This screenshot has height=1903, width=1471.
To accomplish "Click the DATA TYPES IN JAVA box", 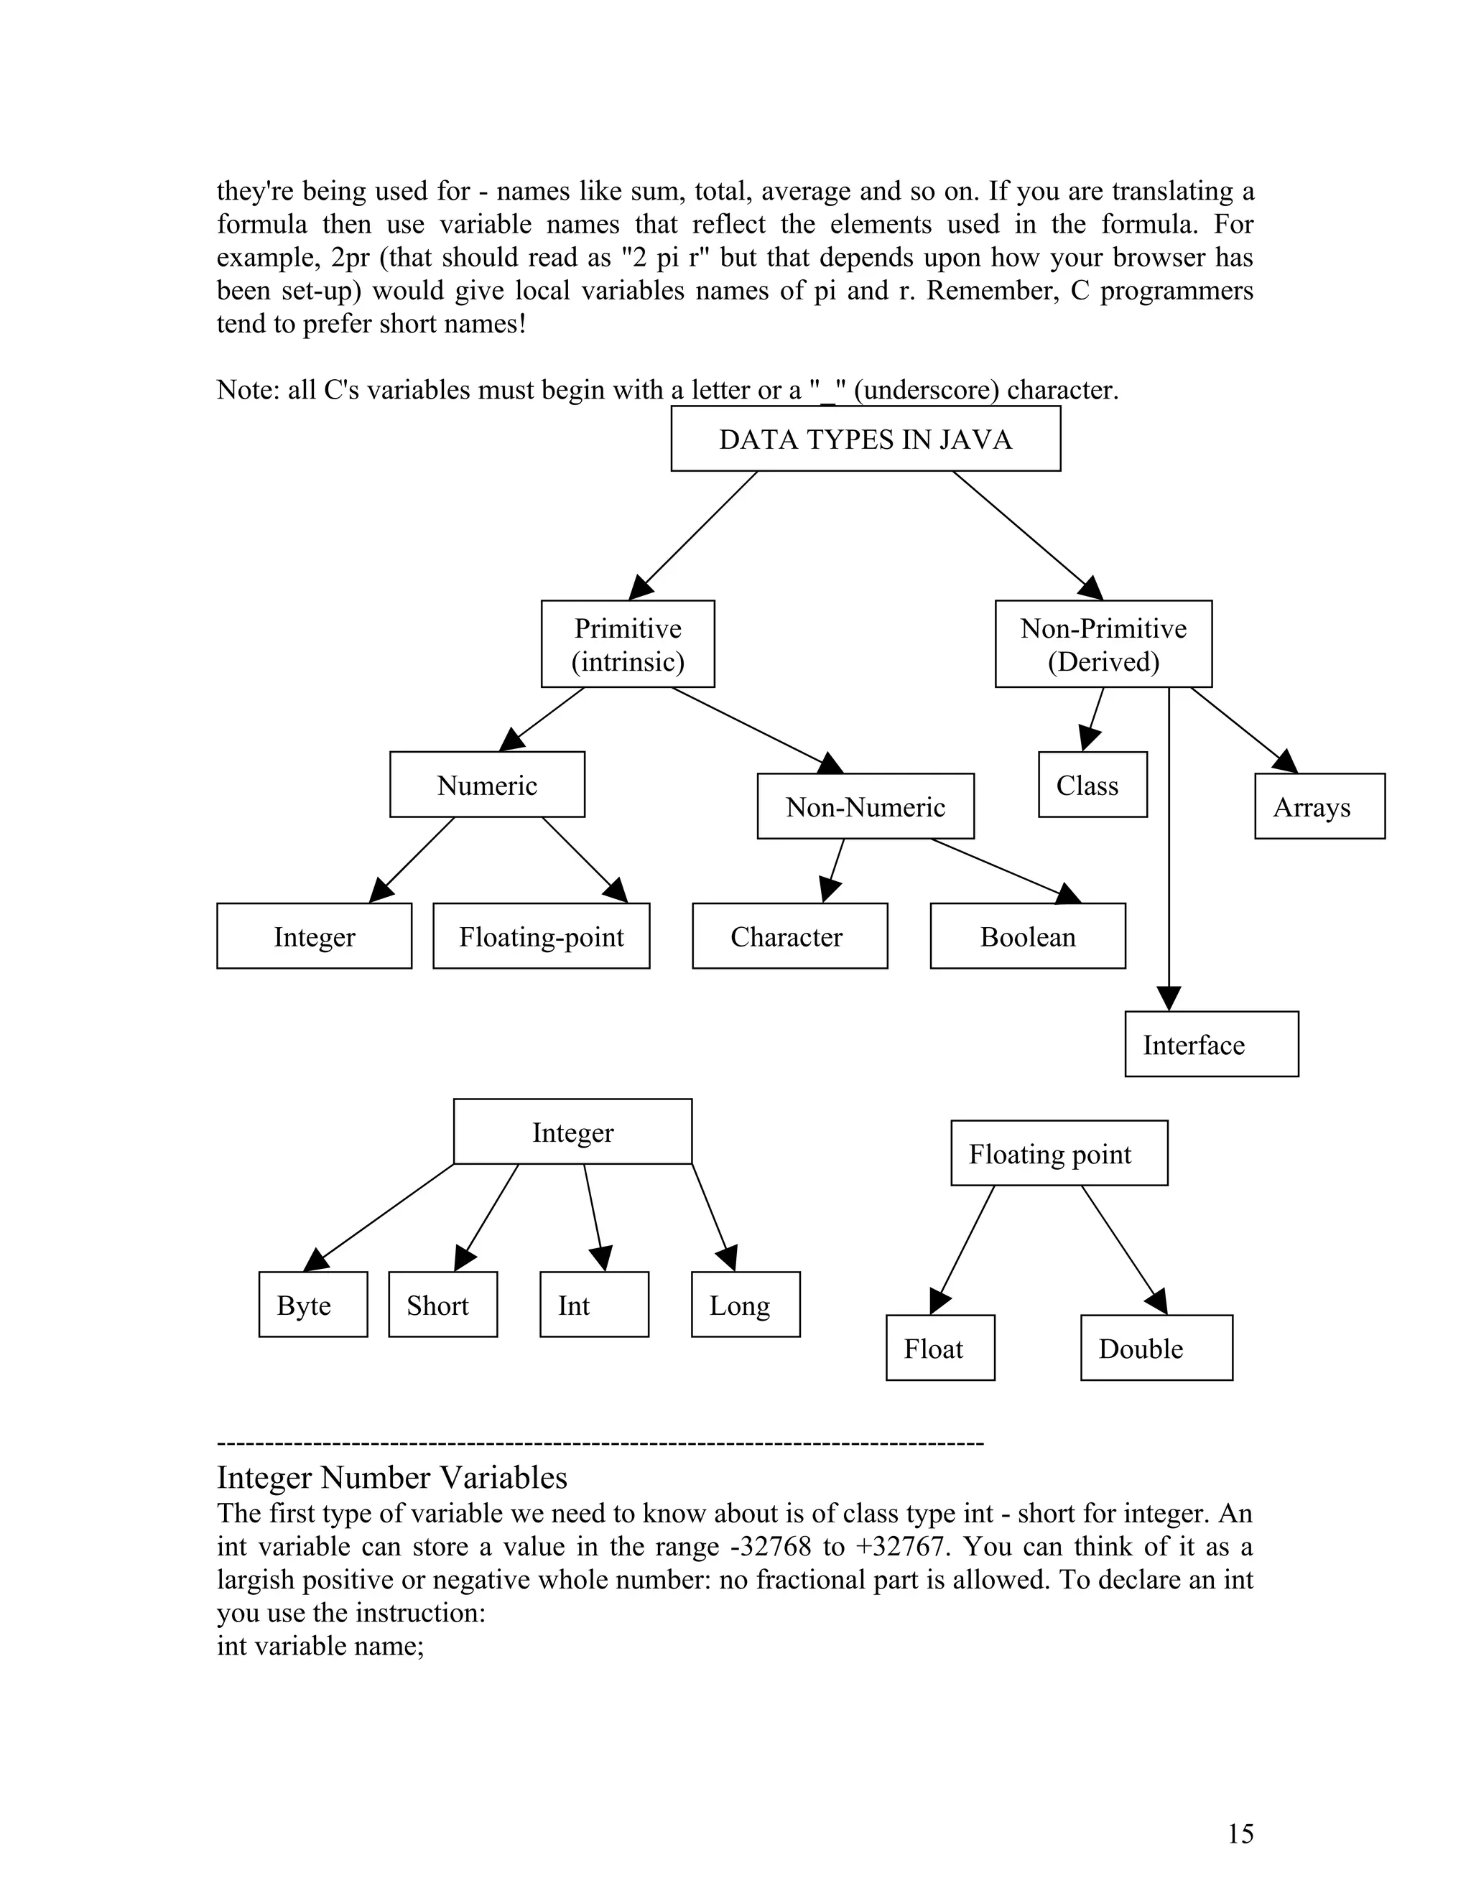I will pos(866,438).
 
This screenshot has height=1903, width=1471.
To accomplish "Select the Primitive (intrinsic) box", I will pos(628,644).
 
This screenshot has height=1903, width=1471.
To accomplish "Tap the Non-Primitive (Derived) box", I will pos(1103,644).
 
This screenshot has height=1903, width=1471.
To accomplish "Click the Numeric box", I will pos(487,784).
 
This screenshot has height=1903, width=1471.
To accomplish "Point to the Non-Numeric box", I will pos(866,806).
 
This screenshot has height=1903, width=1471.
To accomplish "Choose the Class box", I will pos(1092,784).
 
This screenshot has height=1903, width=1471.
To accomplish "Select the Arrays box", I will pos(1319,806).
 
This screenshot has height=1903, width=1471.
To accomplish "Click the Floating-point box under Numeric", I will pos(541,936).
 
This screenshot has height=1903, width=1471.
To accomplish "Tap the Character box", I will pos(789,936).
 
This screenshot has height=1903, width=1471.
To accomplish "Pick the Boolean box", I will pos(1027,936).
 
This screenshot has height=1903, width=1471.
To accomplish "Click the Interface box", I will pos(1211,1044).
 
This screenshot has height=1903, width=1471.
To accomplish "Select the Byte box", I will pos(313,1304).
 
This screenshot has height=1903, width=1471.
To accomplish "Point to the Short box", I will pos(442,1304).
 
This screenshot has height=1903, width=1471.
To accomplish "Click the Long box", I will pos(745,1304).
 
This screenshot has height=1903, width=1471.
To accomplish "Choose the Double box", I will pos(1156,1348).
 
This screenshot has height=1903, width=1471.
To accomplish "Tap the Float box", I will pos(940,1348).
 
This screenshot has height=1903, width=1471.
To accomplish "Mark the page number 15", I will pos(1240,1833).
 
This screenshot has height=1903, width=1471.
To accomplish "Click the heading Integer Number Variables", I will pos(392,1478).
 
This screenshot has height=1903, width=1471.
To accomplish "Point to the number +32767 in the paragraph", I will pos(901,1547).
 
